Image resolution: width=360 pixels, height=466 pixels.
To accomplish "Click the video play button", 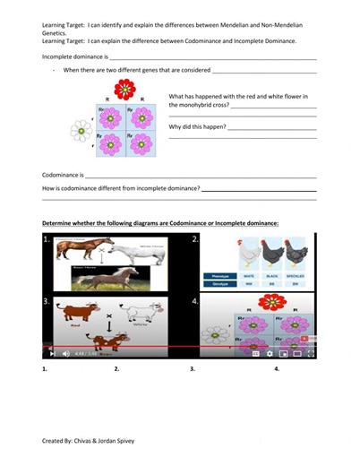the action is point(52,353).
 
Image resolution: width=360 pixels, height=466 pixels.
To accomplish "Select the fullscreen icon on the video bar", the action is point(311,353).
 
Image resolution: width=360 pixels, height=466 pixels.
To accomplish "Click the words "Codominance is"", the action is point(63,175).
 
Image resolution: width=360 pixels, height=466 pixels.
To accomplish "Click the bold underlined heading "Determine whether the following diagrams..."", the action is point(160,222).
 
